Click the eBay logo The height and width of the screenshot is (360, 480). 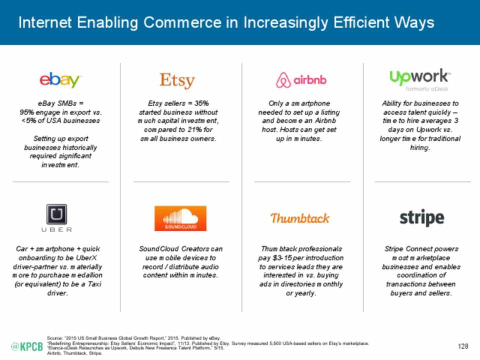[60, 80]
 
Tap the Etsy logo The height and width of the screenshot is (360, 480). [177, 80]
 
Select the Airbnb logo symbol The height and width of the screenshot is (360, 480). [283, 80]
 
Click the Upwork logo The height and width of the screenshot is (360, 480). [419, 77]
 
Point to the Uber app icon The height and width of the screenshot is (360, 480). [56, 214]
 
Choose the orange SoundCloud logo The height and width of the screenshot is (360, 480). [180, 218]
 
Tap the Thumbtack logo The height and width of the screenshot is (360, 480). [299, 218]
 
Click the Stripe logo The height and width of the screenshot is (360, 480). [422, 218]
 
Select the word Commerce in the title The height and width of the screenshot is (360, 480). [182, 22]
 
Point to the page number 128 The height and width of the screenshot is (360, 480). [463, 346]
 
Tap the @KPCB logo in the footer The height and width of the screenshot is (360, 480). [27, 346]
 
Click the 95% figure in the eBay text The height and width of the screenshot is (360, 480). [26, 112]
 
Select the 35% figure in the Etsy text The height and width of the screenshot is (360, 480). [201, 103]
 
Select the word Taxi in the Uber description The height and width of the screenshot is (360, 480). [94, 284]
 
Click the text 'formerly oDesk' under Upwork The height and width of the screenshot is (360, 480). [426, 89]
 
